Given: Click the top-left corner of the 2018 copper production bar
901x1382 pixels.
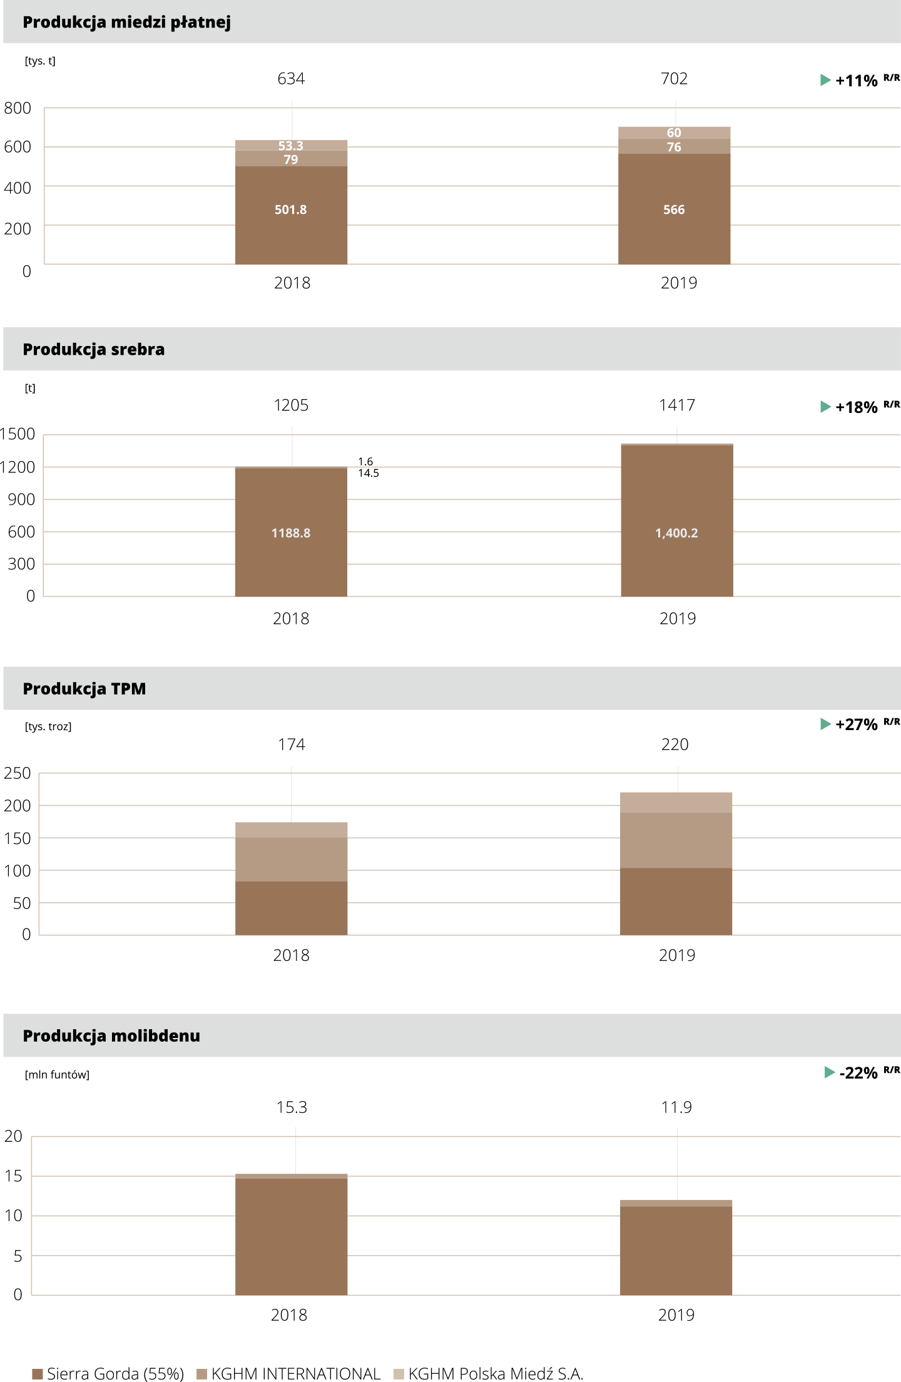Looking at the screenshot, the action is [235, 140].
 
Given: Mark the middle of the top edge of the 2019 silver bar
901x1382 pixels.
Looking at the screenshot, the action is [677, 444].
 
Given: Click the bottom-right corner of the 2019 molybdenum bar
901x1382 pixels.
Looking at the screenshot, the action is [732, 1295].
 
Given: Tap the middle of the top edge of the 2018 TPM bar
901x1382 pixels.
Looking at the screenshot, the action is [292, 822].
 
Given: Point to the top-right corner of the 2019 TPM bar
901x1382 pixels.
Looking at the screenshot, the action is [732, 793].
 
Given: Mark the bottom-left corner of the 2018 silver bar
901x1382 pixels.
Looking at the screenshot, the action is [235, 596].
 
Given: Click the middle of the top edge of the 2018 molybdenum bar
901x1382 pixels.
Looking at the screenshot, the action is [292, 1174].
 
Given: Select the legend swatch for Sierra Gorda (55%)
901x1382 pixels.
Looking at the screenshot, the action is [37, 1374].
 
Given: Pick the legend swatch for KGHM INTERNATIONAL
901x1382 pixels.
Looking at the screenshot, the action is [201, 1374].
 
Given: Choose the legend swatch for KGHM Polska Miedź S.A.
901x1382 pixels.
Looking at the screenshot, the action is [399, 1374].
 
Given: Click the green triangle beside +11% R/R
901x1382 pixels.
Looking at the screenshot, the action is [825, 80].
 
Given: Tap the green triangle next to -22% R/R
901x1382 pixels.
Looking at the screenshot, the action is [830, 1072].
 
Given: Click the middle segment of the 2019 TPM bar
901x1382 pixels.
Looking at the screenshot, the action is [676, 840].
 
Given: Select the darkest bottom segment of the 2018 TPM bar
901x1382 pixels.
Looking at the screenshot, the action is [292, 908].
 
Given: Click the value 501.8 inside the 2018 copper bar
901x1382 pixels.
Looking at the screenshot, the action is [291, 210].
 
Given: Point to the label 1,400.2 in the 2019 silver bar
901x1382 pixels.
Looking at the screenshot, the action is [676, 533].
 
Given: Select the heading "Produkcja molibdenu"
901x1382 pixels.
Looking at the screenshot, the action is [111, 1036].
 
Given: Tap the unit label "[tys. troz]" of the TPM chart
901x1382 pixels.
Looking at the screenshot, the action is [48, 726].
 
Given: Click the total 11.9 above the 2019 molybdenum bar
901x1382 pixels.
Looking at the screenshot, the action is [676, 1107].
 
